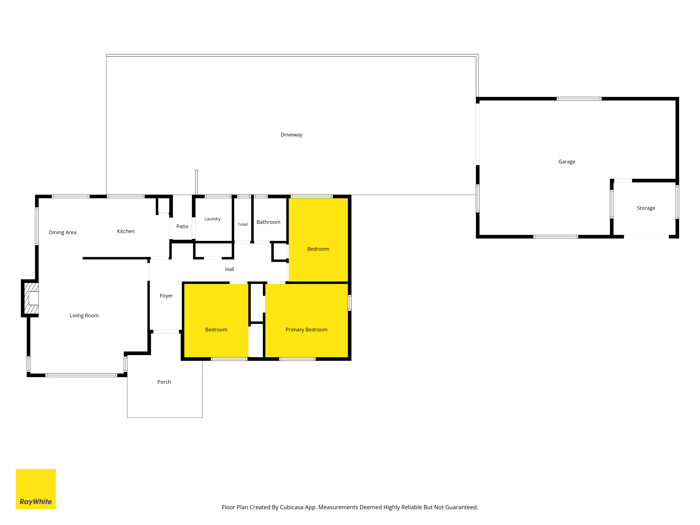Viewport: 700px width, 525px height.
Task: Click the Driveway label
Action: [x=291, y=135]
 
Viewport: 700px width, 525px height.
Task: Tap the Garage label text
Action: [x=567, y=162]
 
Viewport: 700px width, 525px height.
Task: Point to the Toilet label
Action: [x=243, y=224]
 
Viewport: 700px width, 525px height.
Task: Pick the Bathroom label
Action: [x=268, y=222]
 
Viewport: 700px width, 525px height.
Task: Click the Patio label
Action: [x=182, y=226]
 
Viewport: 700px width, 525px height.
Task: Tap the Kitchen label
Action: [x=126, y=231]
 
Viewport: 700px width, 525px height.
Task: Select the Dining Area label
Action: [x=63, y=232]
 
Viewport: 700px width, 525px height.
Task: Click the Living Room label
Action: [x=84, y=316]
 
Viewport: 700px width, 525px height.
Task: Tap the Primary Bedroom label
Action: [x=306, y=330]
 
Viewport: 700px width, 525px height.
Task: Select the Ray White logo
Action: [x=36, y=489]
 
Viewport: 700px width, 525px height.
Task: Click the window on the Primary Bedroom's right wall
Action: [x=350, y=303]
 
